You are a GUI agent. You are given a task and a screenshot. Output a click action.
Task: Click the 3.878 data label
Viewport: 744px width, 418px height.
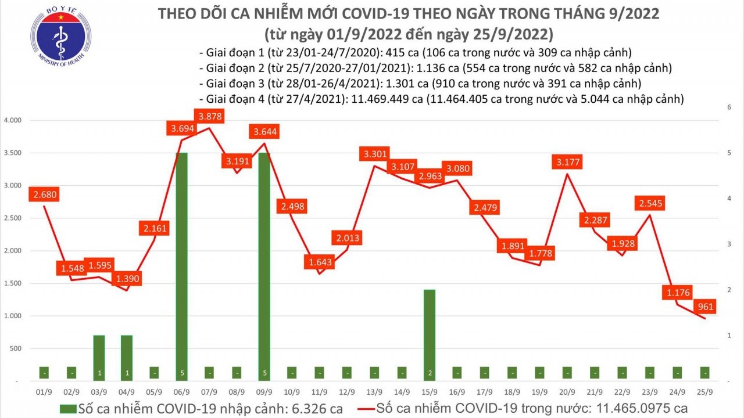click(x=210, y=117)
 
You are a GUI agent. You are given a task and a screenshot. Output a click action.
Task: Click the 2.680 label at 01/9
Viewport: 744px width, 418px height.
click(x=45, y=194)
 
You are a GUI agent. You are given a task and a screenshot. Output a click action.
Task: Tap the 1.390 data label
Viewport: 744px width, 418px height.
click(x=127, y=279)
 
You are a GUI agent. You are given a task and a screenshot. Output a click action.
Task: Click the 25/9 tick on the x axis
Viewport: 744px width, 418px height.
click(x=704, y=392)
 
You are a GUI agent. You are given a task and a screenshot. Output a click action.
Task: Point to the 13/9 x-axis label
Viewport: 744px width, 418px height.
click(x=374, y=392)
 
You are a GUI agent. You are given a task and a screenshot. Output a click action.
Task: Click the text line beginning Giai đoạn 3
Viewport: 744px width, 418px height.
click(x=419, y=83)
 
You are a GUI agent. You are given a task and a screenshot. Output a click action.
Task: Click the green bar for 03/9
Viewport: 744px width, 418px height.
click(x=99, y=357)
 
